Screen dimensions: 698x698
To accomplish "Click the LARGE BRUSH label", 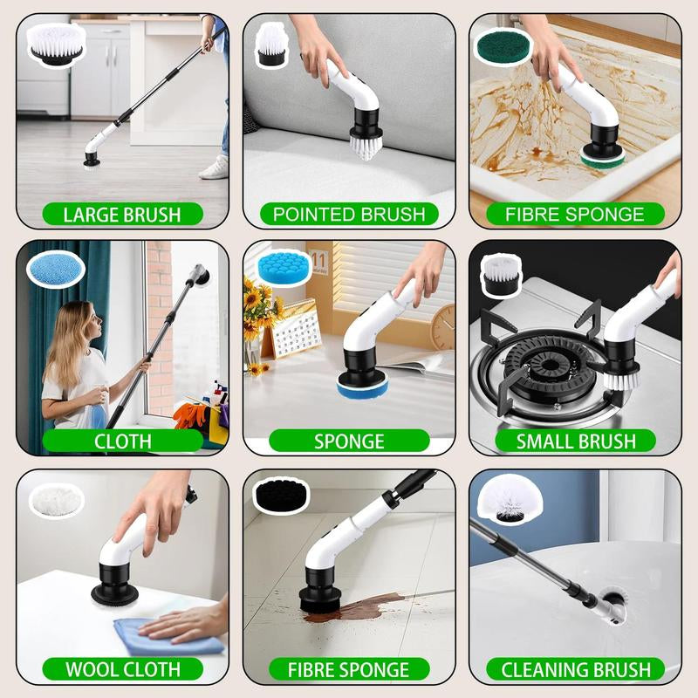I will [x=122, y=214].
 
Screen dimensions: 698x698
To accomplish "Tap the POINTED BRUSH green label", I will [x=349, y=214].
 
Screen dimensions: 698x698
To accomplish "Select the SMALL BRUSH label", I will [x=575, y=441].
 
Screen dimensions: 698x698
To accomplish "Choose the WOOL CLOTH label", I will [x=122, y=669].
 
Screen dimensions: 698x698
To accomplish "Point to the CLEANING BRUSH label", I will [x=575, y=669].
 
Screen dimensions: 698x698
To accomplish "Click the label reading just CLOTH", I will [x=122, y=441].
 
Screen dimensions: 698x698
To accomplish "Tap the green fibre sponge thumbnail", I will [x=503, y=45].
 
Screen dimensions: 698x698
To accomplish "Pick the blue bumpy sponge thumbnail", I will [x=277, y=270].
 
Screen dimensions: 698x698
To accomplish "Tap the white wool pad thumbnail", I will [x=56, y=500].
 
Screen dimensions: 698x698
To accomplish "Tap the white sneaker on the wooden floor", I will [x=213, y=167].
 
